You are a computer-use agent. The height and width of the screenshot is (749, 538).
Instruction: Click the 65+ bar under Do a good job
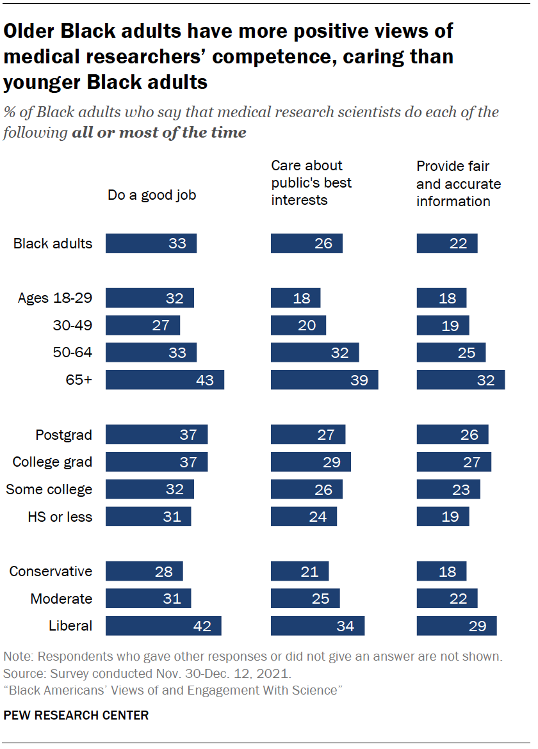tap(165, 380)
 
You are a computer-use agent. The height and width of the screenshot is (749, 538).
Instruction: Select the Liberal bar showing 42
tap(163, 625)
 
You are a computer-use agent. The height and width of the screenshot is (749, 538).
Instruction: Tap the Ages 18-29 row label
tap(55, 298)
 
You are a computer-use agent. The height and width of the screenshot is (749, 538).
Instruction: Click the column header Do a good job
tap(152, 195)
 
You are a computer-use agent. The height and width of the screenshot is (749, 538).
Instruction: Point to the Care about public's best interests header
tap(311, 183)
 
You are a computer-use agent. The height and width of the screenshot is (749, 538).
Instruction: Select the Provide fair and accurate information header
tap(459, 184)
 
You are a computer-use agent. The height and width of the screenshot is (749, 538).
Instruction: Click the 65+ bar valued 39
tap(324, 380)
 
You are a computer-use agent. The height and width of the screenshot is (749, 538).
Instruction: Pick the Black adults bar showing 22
tap(447, 243)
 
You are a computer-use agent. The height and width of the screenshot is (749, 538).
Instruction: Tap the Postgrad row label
tap(63, 435)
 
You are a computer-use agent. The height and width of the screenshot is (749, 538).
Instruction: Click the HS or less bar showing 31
tap(148, 516)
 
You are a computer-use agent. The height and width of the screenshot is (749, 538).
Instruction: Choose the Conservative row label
tap(51, 571)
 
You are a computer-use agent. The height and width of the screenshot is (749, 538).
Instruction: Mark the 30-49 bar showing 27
tap(143, 325)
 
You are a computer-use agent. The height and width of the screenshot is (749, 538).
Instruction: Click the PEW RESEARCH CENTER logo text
tap(76, 715)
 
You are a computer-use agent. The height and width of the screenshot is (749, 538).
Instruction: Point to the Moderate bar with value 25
tap(305, 599)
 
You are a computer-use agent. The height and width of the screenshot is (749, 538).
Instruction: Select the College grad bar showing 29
tap(311, 462)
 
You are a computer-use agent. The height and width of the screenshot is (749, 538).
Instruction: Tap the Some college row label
tap(49, 489)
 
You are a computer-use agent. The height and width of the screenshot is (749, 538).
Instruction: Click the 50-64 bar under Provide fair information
tap(451, 353)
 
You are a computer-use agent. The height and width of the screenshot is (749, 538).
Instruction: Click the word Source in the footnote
tap(21, 674)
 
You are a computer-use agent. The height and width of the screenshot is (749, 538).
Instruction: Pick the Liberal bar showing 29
tap(457, 625)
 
